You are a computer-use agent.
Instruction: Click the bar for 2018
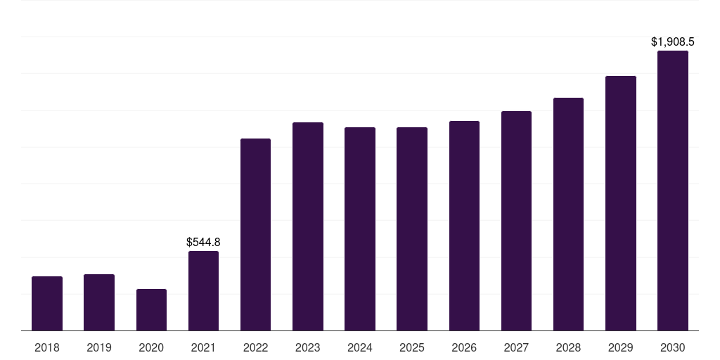point(47,303)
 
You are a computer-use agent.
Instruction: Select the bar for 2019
point(99,302)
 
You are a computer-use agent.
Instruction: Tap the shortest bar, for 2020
point(151,309)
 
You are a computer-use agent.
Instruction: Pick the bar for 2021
point(203,290)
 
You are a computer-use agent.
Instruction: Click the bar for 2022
point(255,234)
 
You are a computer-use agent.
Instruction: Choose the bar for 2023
point(308,226)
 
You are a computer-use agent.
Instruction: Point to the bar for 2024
point(360,229)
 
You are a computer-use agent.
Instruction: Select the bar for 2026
point(464,226)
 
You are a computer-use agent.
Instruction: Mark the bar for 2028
point(568,214)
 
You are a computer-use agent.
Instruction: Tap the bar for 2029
point(621,203)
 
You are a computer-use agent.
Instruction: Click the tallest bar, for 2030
point(673,191)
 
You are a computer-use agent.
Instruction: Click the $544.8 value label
point(203,242)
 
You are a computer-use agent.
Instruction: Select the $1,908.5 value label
point(673,41)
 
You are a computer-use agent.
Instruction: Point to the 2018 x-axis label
point(47,347)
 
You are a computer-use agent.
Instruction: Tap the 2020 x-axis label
point(151,347)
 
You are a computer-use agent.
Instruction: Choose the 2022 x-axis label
point(255,347)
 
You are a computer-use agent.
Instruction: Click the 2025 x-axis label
point(412,347)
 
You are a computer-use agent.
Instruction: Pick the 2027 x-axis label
point(516,347)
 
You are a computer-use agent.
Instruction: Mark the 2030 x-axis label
point(673,347)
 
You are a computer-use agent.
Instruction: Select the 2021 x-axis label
point(203,347)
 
